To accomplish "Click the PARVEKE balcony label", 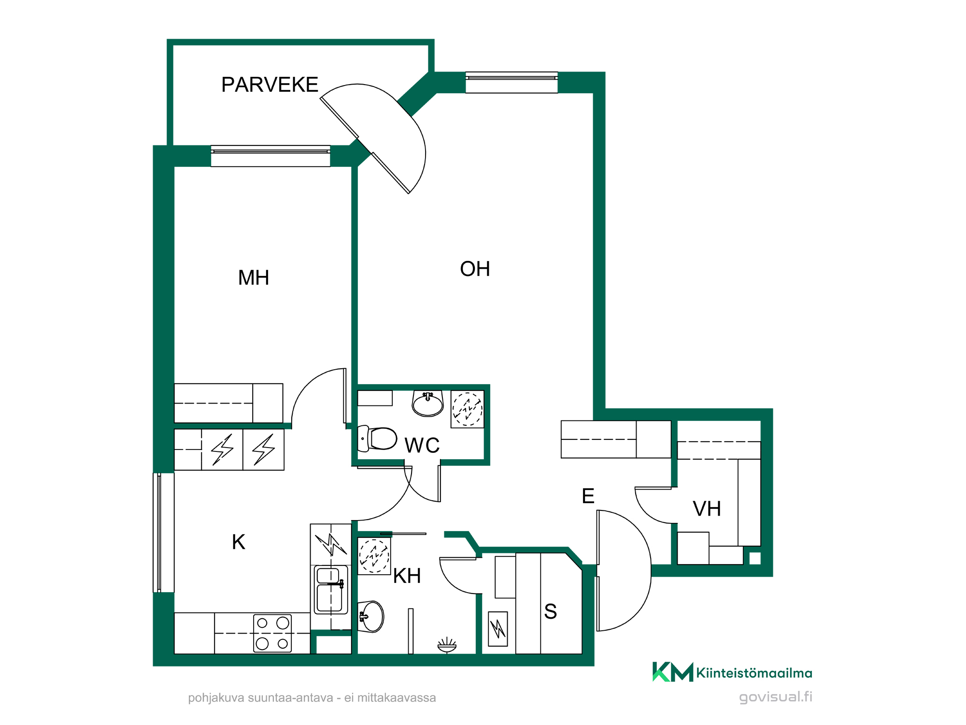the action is tap(270, 85).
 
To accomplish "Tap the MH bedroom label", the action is tap(254, 278).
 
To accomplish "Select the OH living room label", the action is tap(475, 269).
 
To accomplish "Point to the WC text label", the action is tap(422, 445).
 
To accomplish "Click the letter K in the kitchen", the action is tap(239, 542).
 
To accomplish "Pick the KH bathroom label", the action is tap(407, 576).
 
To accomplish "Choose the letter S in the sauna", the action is tap(551, 611).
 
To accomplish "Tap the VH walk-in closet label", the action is tap(707, 509).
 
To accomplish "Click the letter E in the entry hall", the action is tap(588, 496).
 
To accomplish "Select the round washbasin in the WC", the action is tap(427, 404).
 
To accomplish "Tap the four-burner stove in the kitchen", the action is tap(272, 633).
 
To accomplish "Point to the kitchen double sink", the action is tap(331, 590).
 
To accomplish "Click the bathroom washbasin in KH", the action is tap(371, 617).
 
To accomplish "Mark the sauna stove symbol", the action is tap(498, 629).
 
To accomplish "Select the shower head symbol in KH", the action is tap(447, 645).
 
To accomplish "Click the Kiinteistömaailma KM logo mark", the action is tap(673, 672).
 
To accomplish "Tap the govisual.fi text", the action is tap(776, 697).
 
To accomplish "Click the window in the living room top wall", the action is tap(511, 83).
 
